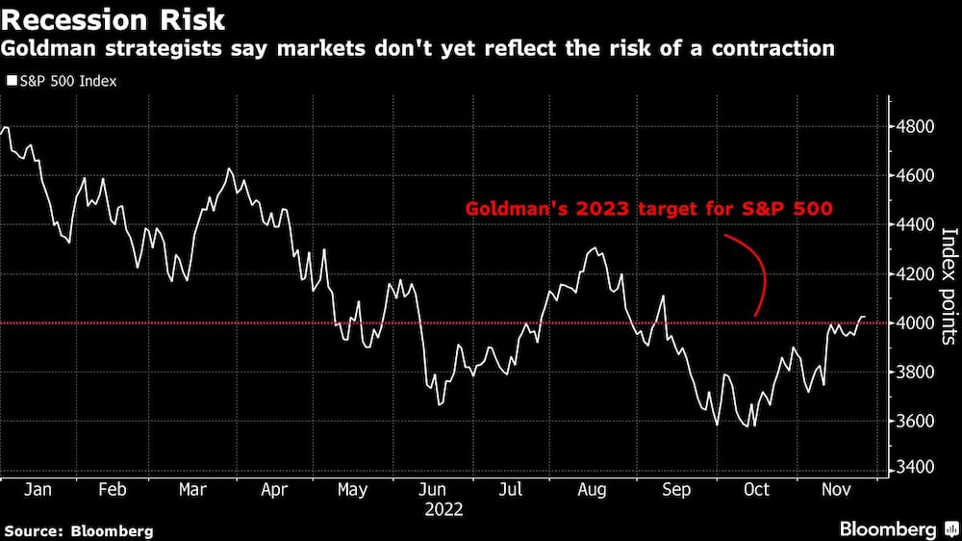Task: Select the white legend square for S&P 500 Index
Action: [x=11, y=82]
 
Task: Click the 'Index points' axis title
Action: [x=948, y=286]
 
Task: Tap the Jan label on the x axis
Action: [x=38, y=490]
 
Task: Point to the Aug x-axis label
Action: [x=592, y=490]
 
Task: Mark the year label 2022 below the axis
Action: [x=443, y=509]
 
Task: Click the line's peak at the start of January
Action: [x=7, y=128]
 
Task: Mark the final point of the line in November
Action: [x=865, y=317]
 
